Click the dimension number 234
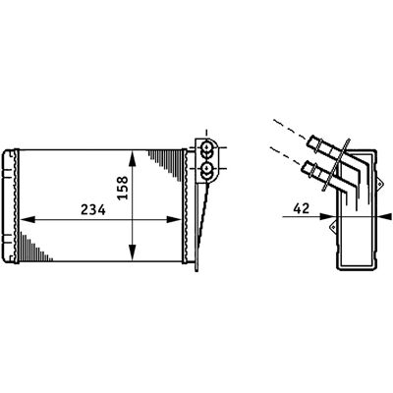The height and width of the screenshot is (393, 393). point(93,210)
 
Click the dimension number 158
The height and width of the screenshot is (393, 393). point(123,188)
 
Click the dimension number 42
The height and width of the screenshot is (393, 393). point(302,208)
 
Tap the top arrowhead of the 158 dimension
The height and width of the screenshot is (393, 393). point(132,159)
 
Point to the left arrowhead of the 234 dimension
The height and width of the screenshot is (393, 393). point(28,219)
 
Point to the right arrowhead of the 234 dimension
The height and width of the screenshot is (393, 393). point(174,219)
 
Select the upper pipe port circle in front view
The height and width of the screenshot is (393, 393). point(206,146)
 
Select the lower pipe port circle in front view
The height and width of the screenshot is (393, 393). point(206,168)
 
